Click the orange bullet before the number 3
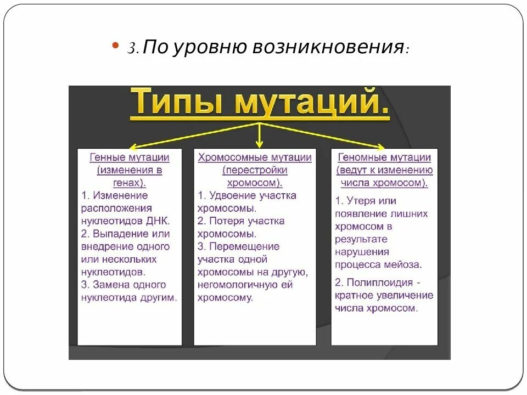point(115,46)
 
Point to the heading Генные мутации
point(130,157)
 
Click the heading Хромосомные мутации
point(255,157)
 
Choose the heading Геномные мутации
point(384,157)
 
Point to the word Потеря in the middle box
point(225,221)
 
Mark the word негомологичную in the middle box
point(237,285)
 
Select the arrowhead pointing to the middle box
point(260,143)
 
